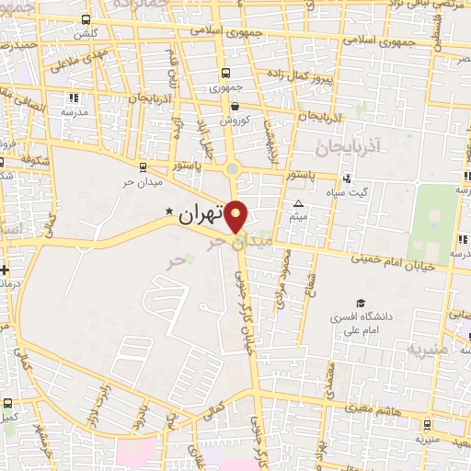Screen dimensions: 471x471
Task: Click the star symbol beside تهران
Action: tap(168, 212)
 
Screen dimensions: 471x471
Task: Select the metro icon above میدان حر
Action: tap(142, 167)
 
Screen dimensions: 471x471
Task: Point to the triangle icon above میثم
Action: tap(297, 203)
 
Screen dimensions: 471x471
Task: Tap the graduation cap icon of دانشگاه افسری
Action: tap(360, 303)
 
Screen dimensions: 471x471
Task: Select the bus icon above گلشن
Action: tap(86, 19)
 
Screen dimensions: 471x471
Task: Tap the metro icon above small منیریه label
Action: tap(427, 424)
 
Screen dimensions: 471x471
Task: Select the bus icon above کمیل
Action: tap(7, 403)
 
